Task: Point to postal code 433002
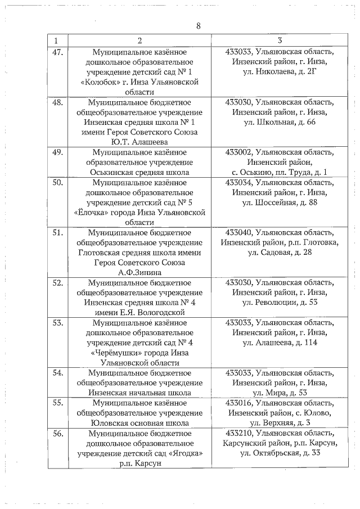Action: pos(238,152)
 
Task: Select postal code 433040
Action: pos(238,233)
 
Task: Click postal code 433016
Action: pos(238,403)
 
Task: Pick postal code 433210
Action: pos(238,433)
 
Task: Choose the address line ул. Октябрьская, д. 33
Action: pos(280,453)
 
